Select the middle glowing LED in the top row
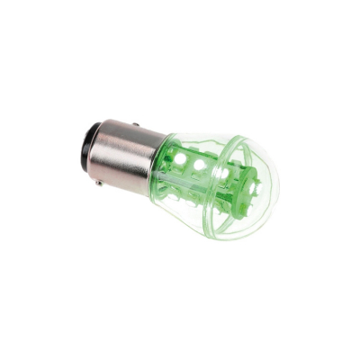click(x=200, y=166)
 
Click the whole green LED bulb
click(x=180, y=171)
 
